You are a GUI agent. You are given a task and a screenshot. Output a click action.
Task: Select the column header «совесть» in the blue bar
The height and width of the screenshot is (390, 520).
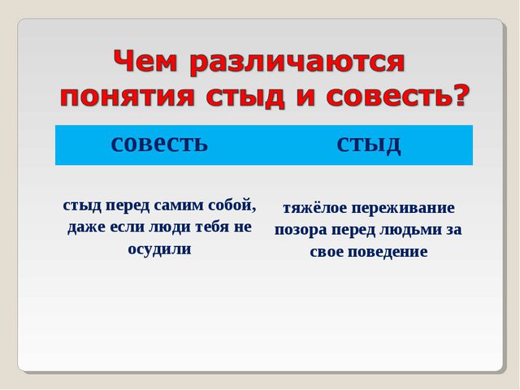159,144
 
